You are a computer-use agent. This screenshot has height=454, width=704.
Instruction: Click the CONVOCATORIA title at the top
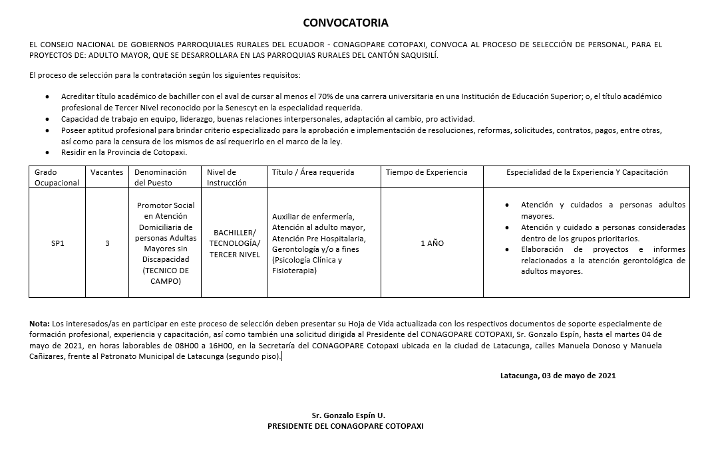[345, 23]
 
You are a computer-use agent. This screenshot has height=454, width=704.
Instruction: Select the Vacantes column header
[106, 172]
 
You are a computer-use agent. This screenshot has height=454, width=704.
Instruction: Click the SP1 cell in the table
[57, 243]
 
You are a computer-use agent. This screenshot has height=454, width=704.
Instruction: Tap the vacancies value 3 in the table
[107, 243]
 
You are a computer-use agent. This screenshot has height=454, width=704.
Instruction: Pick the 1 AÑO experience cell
[432, 243]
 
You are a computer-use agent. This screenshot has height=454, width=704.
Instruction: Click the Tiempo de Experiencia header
[427, 172]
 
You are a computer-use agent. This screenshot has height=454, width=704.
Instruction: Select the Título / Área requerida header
[313, 172]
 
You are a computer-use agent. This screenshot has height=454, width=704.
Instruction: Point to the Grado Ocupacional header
[57, 177]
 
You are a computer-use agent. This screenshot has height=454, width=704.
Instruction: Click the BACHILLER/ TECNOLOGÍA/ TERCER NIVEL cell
[234, 243]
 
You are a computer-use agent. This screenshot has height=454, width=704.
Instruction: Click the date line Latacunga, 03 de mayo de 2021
[558, 375]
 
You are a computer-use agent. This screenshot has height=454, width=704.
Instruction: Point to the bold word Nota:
[40, 323]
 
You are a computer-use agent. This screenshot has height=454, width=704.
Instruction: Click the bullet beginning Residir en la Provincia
[124, 152]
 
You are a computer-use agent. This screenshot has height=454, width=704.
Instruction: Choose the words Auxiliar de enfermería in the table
[313, 217]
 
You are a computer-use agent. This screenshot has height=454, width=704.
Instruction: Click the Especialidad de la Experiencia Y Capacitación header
[587, 172]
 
